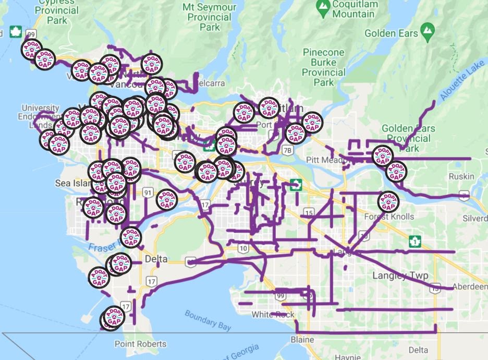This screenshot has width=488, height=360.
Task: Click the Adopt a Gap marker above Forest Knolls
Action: point(388,201)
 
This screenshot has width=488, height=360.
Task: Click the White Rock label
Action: point(273,315)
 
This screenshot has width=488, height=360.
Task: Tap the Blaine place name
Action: point(302,339)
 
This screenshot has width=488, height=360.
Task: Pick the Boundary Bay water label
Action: point(208,320)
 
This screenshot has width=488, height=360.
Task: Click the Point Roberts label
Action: point(140,344)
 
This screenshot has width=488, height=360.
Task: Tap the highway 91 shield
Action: point(149,194)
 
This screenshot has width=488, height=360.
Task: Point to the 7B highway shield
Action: point(287,151)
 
